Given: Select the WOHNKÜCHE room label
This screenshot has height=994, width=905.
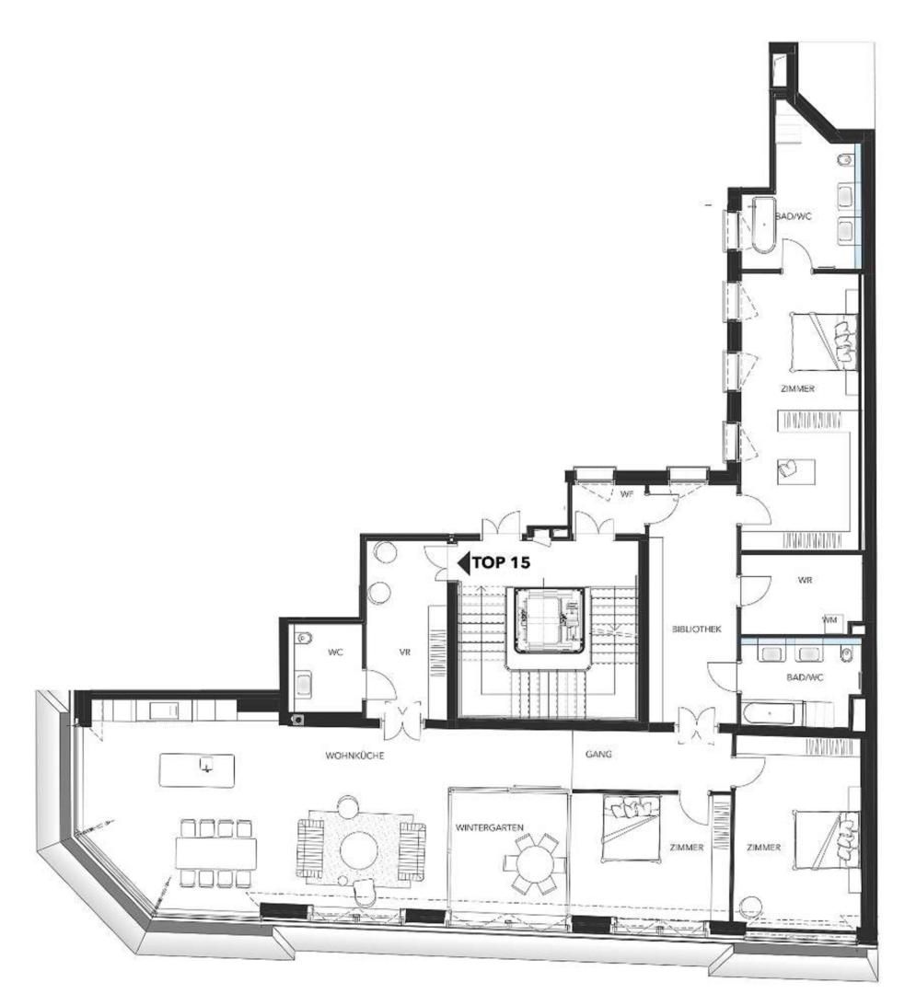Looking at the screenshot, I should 354,755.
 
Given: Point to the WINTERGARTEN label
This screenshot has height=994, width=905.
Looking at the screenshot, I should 490,827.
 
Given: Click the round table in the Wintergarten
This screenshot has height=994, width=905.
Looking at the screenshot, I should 535,865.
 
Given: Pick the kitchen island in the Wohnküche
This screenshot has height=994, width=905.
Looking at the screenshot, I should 197,769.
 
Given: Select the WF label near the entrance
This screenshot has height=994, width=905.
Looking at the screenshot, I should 628,494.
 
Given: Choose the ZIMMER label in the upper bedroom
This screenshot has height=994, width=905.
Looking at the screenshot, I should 797,389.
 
